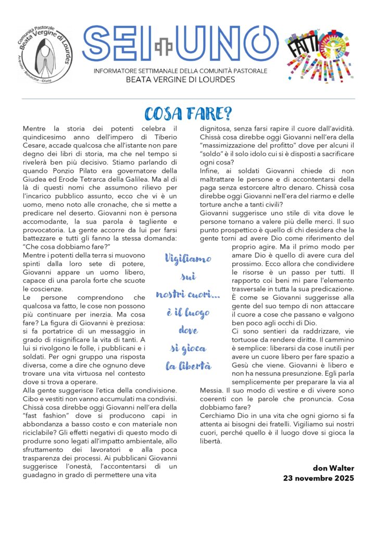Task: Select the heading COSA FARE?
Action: (x=188, y=113)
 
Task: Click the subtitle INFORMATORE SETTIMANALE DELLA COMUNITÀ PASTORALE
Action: (x=181, y=71)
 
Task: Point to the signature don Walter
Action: (x=333, y=468)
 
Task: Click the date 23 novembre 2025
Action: (x=319, y=477)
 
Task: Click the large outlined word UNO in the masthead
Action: (x=224, y=44)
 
